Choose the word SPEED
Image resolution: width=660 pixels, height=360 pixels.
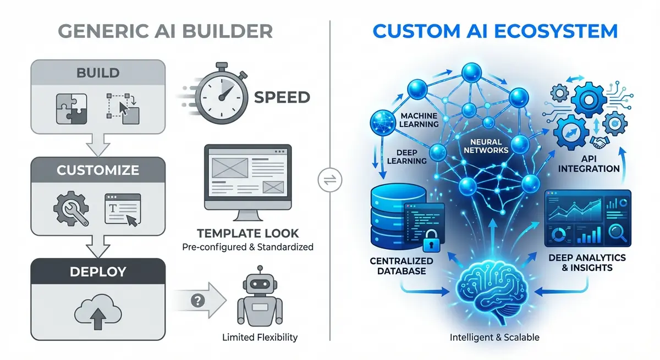[x=282, y=98]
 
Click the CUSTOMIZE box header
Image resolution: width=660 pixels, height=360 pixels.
[x=97, y=170]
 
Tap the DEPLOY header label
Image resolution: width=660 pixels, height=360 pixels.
[x=97, y=271]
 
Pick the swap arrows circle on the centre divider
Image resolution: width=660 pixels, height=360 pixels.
[x=330, y=180]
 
